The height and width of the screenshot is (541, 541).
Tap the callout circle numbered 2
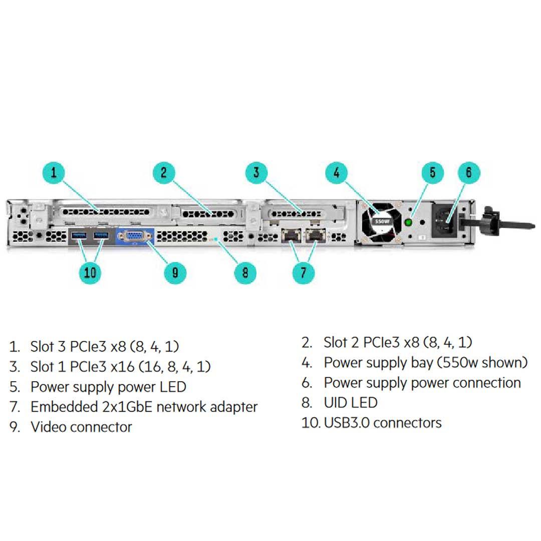tap(164, 173)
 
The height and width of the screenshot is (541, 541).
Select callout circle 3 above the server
tap(256, 173)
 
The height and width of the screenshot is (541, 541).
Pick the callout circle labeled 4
tap(337, 173)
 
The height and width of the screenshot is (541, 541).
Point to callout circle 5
tap(432, 173)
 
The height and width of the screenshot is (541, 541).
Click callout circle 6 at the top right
tap(469, 173)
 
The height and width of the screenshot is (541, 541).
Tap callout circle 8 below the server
tap(245, 273)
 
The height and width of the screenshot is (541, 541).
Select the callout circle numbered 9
tap(175, 273)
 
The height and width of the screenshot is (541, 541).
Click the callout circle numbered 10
tap(90, 273)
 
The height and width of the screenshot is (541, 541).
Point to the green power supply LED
tap(410, 221)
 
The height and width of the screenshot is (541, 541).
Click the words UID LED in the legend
tap(351, 402)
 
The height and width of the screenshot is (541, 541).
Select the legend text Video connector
tap(81, 427)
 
